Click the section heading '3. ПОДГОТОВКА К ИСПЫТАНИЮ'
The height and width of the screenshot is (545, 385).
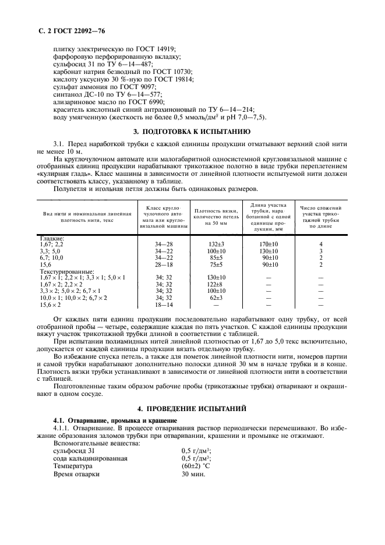(x=192, y=132)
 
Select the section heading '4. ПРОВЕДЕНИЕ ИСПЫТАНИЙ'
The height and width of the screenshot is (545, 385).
(x=192, y=408)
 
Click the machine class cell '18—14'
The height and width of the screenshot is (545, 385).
(x=163, y=305)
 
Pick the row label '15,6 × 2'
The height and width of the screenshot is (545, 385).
(x=50, y=305)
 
